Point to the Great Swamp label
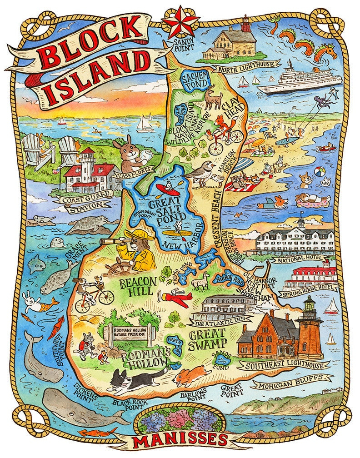199,340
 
